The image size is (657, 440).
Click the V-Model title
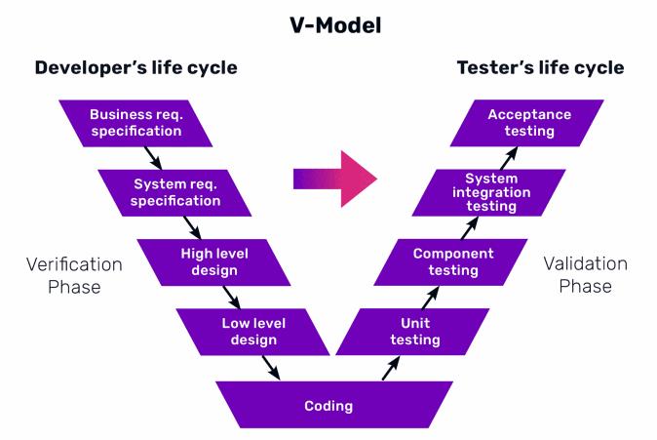click(x=328, y=24)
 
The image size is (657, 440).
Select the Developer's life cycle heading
click(x=135, y=68)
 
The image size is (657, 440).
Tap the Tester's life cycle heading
click(x=540, y=68)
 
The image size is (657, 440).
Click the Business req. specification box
click(x=135, y=122)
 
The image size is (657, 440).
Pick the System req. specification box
click(x=176, y=192)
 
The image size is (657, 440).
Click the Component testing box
click(x=453, y=261)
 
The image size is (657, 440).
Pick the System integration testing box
click(x=491, y=192)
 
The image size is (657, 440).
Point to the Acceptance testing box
click(x=529, y=122)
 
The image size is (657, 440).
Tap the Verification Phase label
click(x=74, y=275)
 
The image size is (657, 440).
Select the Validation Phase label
click(x=586, y=275)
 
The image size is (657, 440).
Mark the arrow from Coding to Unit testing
click(x=390, y=368)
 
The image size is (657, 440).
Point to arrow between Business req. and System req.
click(x=152, y=157)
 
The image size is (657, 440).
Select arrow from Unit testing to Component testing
click(x=432, y=297)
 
